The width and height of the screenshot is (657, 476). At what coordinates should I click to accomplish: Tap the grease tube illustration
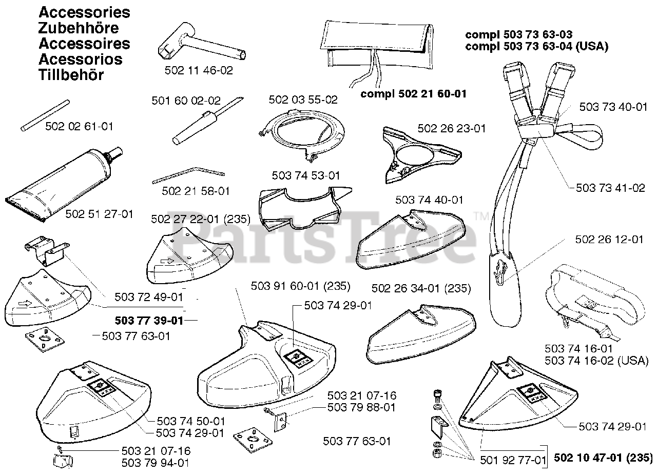click(64, 185)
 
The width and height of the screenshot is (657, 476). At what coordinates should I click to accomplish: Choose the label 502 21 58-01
click(196, 191)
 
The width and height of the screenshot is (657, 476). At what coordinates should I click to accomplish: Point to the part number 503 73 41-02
click(610, 188)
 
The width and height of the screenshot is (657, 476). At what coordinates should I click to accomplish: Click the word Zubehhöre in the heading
click(79, 28)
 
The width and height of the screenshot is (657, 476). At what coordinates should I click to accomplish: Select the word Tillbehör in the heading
click(71, 75)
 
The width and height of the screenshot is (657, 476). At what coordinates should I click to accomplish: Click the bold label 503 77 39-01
click(148, 321)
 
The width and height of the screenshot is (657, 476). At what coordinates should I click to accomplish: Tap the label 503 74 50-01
click(190, 421)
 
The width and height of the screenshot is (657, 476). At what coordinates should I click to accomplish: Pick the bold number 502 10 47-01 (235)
click(603, 458)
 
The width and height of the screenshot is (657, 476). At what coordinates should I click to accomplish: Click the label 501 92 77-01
click(513, 461)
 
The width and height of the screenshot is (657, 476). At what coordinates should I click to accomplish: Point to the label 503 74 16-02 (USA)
click(595, 361)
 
